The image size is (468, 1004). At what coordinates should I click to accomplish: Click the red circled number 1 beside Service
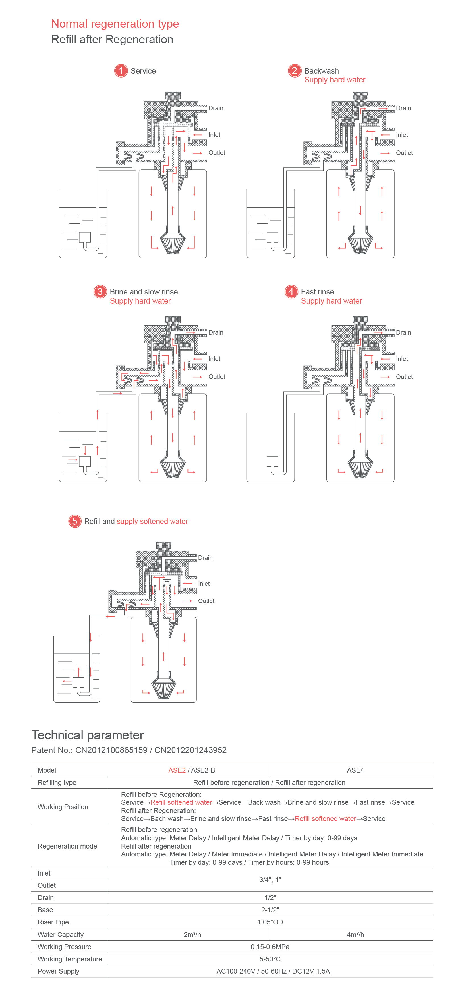tap(121, 71)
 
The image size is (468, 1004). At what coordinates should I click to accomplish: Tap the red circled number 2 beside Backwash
tap(295, 71)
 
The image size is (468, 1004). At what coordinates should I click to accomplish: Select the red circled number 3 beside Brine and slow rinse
tap(100, 292)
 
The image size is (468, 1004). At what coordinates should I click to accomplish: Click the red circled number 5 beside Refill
tap(74, 521)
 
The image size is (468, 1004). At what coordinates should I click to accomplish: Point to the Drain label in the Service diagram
tap(216, 108)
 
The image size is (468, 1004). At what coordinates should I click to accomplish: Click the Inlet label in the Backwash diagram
tap(402, 135)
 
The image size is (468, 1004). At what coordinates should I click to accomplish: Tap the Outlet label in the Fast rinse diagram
tap(404, 377)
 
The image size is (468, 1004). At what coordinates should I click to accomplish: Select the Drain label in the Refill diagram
tap(205, 558)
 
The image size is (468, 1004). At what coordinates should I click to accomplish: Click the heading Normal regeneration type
tap(115, 24)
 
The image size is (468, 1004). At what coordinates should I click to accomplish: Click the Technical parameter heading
tap(87, 735)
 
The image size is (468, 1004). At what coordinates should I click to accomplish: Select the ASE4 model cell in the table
tap(355, 770)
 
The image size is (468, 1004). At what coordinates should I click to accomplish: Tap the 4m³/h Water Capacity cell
tap(355, 935)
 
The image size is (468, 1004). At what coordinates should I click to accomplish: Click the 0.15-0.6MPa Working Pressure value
tap(270, 947)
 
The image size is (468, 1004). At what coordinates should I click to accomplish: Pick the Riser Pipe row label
tap(53, 922)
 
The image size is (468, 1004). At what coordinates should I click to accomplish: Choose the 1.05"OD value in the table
tap(270, 922)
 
